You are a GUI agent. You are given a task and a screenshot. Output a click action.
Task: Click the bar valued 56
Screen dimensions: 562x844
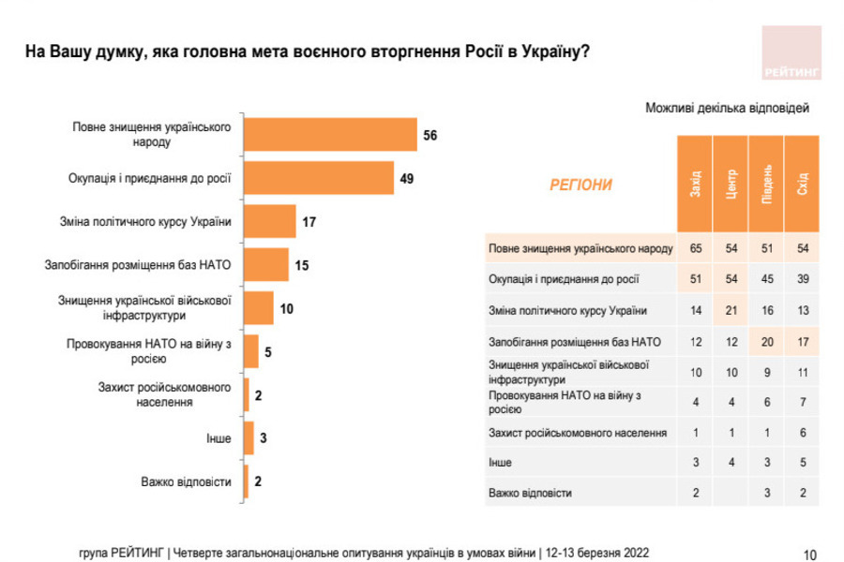[330, 134]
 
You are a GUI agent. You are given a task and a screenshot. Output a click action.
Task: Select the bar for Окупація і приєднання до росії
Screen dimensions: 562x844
[319, 177]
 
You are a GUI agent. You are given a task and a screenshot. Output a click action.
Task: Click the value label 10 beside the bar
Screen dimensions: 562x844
[287, 307]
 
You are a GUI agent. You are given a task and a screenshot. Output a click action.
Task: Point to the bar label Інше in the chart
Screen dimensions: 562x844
[218, 437]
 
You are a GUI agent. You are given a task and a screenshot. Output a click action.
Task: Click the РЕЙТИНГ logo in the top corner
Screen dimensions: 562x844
[790, 52]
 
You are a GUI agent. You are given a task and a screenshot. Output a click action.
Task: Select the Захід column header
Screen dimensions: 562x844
[695, 184]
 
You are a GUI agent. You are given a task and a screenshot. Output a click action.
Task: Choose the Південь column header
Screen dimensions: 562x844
[767, 184]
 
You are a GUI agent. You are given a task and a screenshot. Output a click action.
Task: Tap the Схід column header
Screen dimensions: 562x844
[802, 184]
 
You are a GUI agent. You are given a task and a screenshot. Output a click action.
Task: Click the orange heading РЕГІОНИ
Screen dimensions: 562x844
[580, 185]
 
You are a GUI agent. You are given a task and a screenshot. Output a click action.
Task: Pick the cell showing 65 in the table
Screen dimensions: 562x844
[695, 249]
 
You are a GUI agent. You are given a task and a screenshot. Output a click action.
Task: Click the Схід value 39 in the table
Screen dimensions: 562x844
[802, 279]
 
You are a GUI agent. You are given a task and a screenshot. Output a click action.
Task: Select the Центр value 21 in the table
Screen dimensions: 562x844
[731, 310]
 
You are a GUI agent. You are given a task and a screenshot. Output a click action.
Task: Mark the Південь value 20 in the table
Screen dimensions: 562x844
[767, 341]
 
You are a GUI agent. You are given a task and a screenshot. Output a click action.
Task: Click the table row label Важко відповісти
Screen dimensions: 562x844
[530, 493]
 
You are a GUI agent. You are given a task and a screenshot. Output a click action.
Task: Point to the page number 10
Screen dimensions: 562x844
[810, 554]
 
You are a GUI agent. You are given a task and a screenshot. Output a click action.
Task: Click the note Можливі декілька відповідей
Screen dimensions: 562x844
[727, 108]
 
